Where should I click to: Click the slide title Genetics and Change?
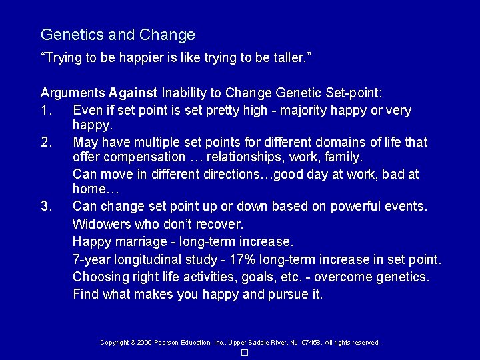click(x=118, y=35)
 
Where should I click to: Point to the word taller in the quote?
click(x=289, y=59)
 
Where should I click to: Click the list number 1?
click(x=45, y=110)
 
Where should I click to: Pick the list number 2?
click(x=46, y=142)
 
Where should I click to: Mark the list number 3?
click(x=46, y=206)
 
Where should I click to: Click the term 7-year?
click(x=92, y=259)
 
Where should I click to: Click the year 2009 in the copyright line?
click(x=143, y=343)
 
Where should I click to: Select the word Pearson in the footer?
click(x=166, y=343)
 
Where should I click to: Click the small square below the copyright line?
click(x=245, y=352)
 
